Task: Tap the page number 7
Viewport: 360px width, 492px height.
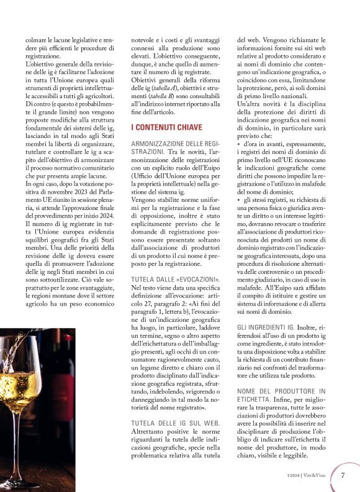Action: point(343,476)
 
